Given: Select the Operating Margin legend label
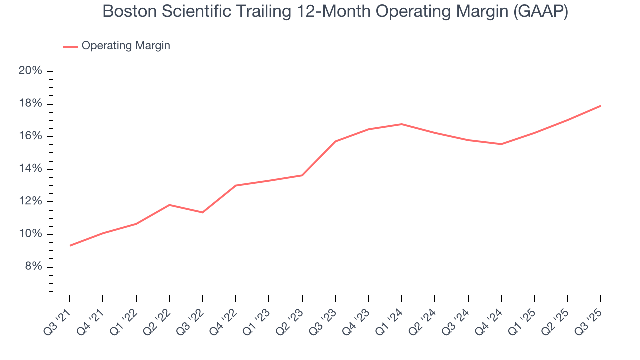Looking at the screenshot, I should (126, 46).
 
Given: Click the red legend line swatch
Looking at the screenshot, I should (70, 46).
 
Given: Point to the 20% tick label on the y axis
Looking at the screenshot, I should (30, 71).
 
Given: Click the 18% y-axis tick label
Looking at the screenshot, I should (30, 104).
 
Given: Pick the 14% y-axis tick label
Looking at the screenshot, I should (30, 169).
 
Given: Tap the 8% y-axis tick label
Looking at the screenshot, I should (33, 267).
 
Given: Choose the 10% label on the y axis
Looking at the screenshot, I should (30, 234).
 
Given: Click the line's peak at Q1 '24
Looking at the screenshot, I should (402, 124).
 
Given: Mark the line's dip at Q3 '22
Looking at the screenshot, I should (202, 212).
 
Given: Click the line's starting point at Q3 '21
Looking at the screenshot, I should (70, 246).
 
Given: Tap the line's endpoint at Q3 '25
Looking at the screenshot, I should (600, 106).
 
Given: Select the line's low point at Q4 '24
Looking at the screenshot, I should (501, 144).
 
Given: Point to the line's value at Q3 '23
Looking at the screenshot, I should (335, 141).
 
